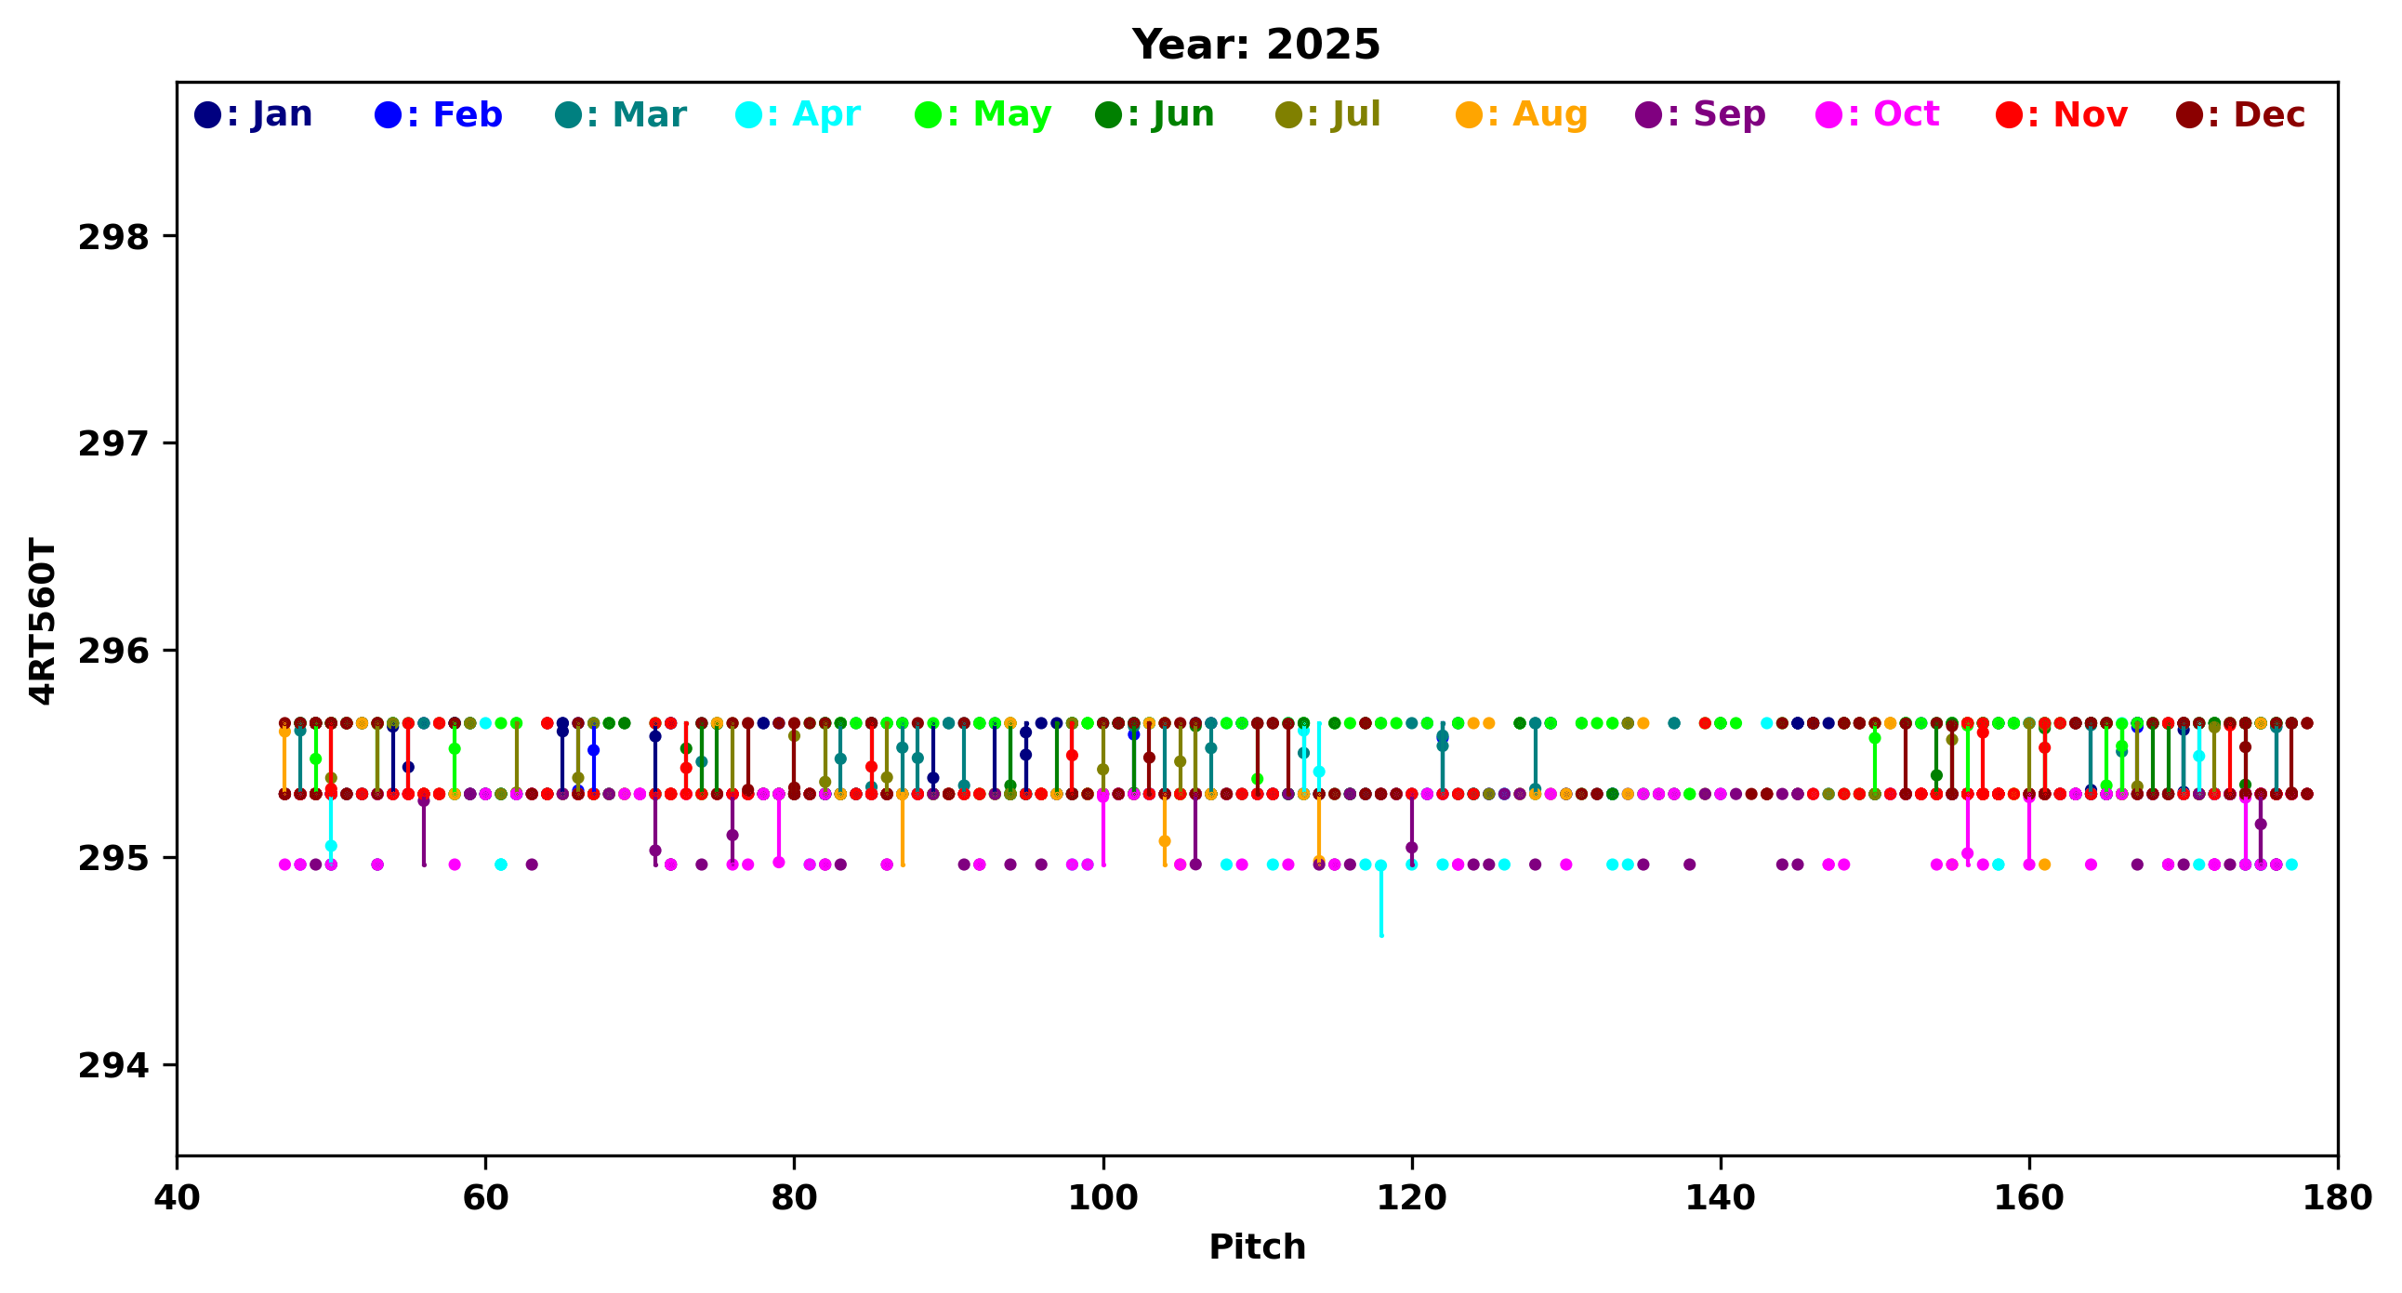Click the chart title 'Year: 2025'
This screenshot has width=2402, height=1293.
1255,45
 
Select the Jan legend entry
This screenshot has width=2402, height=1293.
254,114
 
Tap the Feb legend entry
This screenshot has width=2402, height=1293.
438,114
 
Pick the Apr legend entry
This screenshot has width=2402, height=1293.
798,114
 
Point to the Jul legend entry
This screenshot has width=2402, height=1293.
1327,114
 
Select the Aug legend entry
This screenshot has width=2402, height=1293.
1522,114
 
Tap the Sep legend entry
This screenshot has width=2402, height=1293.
1701,114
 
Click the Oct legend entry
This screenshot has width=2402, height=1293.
1878,114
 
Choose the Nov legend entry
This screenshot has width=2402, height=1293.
2062,114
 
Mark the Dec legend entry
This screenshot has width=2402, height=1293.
2241,114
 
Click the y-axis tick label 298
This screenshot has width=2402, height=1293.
113,237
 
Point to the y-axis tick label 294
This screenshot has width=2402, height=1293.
113,1064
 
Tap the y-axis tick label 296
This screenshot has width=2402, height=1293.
113,651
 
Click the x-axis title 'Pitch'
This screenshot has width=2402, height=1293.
1257,1247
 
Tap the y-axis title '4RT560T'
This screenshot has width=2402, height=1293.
43,621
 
